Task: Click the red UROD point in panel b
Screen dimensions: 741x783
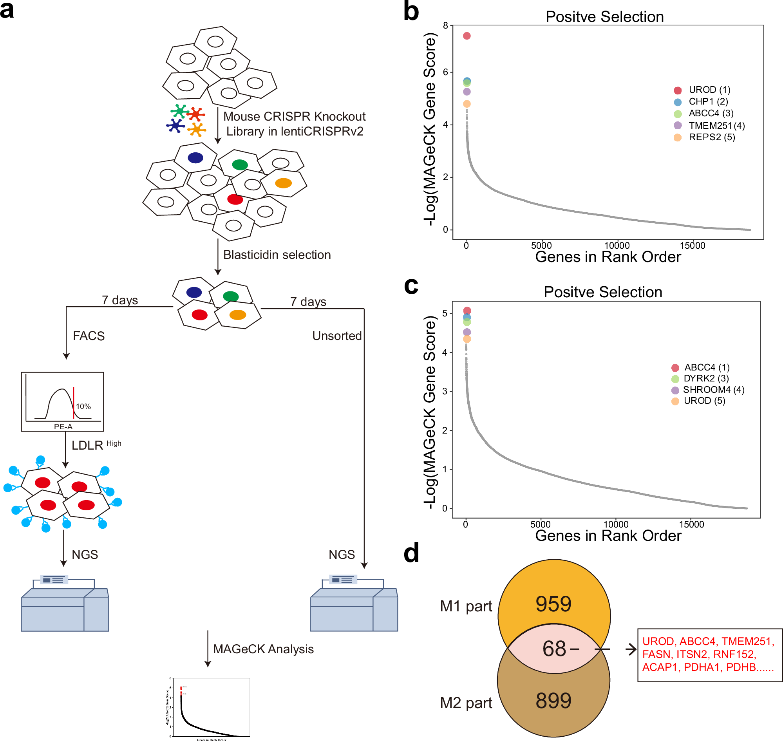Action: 467,36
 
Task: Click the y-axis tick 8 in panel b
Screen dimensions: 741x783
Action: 445,26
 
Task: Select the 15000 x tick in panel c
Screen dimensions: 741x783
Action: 691,524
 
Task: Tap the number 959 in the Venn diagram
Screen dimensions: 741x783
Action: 553,604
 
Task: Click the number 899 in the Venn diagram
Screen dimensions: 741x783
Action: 553,701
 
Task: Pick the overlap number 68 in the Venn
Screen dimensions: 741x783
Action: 554,649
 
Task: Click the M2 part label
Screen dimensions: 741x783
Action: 466,703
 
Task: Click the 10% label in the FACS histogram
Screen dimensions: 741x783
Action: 83,407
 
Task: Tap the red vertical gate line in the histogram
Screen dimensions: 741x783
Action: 74,403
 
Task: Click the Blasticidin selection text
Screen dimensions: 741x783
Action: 277,255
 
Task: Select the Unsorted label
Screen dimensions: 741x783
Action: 336,336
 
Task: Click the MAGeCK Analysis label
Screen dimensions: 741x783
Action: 263,649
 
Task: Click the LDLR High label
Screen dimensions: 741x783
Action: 96,445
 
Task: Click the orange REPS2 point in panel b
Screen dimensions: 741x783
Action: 467,104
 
